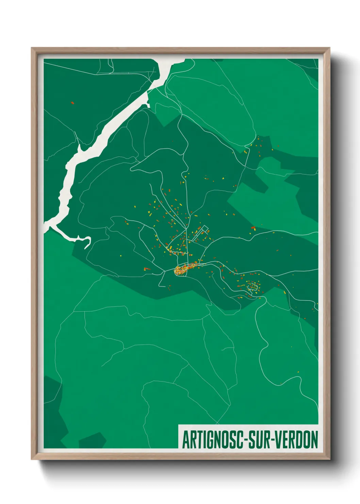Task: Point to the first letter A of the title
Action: [x=186, y=440]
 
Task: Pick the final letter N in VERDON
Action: [x=314, y=440]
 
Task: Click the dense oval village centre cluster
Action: [x=181, y=270]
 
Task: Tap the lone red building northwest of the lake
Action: [x=72, y=103]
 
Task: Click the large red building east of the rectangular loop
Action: [x=253, y=227]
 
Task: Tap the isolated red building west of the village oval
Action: [x=147, y=269]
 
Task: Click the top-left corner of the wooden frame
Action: [x=32, y=48]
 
